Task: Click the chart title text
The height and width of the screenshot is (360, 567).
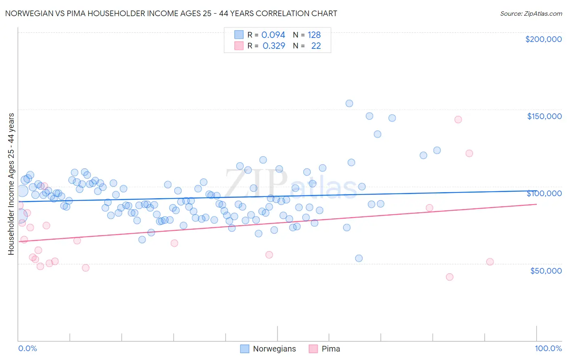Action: click(171, 13)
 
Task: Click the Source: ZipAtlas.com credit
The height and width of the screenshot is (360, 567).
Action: click(531, 13)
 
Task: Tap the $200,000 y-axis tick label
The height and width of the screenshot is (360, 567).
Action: click(543, 39)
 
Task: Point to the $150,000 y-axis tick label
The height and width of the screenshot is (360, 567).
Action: click(544, 116)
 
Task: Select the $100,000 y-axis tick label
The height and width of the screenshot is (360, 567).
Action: click(544, 193)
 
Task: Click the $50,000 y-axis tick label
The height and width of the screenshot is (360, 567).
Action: click(546, 270)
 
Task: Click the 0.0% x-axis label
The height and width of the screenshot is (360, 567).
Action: click(27, 348)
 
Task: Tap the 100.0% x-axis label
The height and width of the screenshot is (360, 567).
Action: click(548, 348)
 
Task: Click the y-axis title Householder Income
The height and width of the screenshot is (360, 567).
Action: click(11, 184)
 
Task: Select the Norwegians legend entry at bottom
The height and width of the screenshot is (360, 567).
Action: click(268, 349)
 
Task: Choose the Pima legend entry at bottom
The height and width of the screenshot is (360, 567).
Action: click(325, 349)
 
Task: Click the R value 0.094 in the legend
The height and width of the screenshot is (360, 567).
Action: click(273, 35)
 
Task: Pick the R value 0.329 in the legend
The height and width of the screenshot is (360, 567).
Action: click(273, 46)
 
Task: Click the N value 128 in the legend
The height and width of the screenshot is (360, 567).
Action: click(314, 35)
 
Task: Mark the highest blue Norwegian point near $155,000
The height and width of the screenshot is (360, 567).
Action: click(349, 103)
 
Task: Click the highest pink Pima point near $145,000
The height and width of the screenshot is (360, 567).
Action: click(458, 119)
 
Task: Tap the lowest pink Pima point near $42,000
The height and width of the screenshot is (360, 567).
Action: click(450, 277)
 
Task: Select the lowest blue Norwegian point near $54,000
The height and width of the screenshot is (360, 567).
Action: click(359, 258)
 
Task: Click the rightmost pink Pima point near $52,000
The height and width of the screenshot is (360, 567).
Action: click(490, 262)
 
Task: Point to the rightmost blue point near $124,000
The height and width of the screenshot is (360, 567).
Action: click(437, 150)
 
